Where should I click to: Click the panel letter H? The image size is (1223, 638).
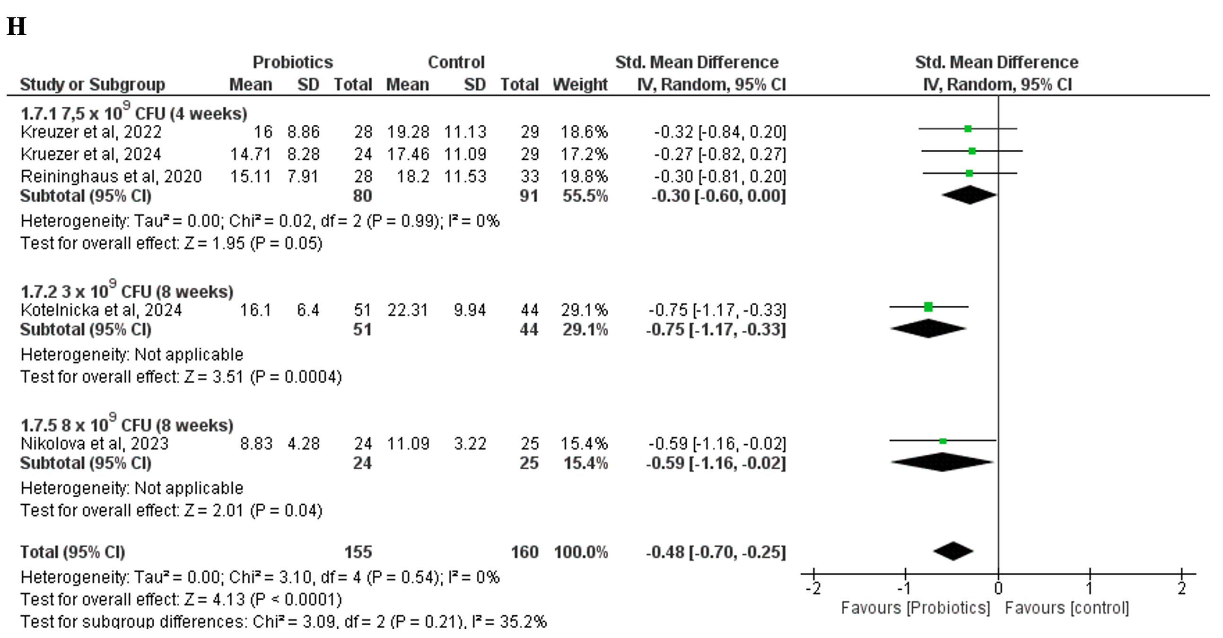17,26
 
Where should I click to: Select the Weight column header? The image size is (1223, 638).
580,85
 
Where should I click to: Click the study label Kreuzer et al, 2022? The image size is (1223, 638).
91,131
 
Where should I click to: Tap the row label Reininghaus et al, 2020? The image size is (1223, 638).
111,176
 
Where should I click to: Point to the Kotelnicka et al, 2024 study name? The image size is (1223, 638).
101,310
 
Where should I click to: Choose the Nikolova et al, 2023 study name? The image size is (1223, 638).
95,443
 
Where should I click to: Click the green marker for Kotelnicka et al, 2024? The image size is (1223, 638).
928,307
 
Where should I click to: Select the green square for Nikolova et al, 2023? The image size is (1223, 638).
943,441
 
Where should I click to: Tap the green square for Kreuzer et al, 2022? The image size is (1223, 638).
968,129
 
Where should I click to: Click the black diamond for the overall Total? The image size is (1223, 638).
953,551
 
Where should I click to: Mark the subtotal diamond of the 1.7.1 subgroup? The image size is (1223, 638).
970,195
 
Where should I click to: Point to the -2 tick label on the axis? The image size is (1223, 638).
813,589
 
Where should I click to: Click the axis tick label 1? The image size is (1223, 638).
1090,589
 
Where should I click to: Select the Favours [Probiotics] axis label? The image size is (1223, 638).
915,608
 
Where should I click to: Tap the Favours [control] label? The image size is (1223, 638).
1066,608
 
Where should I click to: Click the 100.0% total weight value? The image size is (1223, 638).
581,552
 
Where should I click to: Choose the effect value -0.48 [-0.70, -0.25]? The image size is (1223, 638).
716,552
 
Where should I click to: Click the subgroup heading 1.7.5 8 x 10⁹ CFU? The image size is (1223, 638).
127,424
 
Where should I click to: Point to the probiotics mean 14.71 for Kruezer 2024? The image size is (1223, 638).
251,154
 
